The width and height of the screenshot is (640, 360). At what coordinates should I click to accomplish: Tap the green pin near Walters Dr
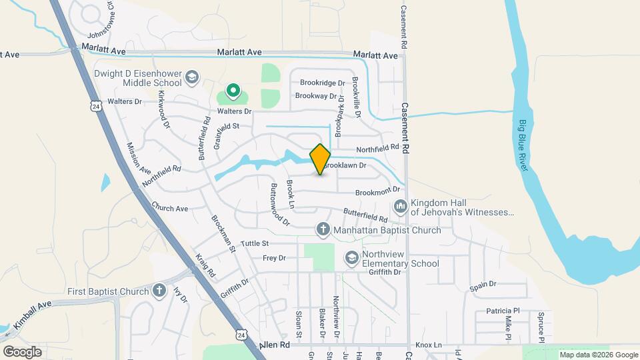click(x=233, y=90)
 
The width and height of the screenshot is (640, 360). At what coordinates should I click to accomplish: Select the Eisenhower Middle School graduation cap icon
click(x=192, y=78)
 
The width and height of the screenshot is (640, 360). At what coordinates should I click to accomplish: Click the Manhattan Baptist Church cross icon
click(x=323, y=230)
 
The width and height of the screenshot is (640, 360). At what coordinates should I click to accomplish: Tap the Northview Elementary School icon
click(x=351, y=257)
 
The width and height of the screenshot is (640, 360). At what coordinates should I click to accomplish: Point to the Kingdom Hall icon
click(x=400, y=207)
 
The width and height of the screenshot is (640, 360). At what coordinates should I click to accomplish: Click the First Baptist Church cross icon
click(x=159, y=291)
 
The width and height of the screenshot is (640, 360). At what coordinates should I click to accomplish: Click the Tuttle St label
click(x=254, y=243)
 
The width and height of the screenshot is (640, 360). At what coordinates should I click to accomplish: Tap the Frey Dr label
click(x=274, y=257)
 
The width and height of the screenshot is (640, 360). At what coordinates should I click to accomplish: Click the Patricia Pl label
click(x=502, y=311)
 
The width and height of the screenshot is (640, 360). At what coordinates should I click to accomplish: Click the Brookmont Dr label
click(x=377, y=192)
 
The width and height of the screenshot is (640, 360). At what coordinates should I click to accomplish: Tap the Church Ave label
click(x=169, y=208)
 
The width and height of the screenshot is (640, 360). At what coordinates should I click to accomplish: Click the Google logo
click(x=22, y=351)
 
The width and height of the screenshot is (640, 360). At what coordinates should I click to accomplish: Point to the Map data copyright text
click(x=598, y=355)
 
